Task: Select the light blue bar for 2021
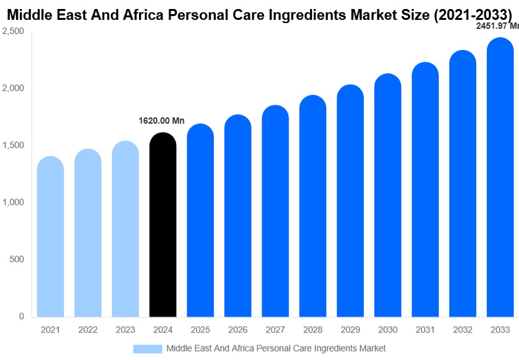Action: click(51, 236)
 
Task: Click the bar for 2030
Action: click(388, 195)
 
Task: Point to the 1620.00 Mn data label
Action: click(161, 120)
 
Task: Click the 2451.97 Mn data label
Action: click(497, 26)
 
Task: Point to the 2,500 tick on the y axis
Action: click(13, 31)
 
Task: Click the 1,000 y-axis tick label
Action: click(13, 202)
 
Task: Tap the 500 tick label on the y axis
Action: click(17, 259)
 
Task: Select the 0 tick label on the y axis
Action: click(21, 316)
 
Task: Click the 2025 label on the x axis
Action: click(200, 330)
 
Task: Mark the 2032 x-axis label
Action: click(462, 330)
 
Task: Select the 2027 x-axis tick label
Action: click(275, 330)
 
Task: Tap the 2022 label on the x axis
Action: click(88, 330)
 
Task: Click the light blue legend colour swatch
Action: click(147, 348)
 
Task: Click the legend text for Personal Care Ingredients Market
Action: click(276, 348)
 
